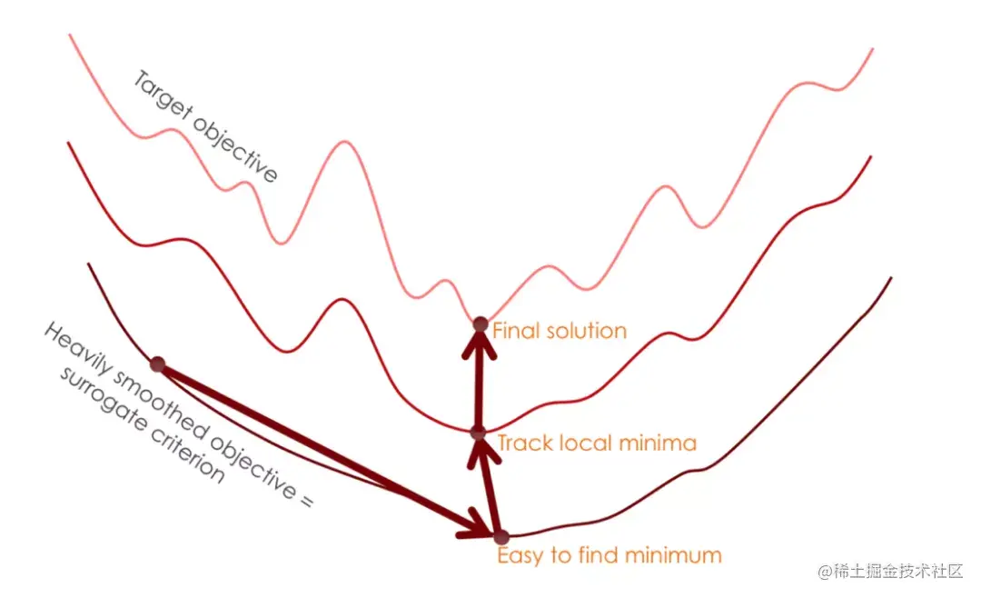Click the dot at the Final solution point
(481, 323)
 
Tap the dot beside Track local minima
(479, 433)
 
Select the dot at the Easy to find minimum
(500, 537)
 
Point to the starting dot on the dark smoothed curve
(157, 364)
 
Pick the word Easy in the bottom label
(519, 555)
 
